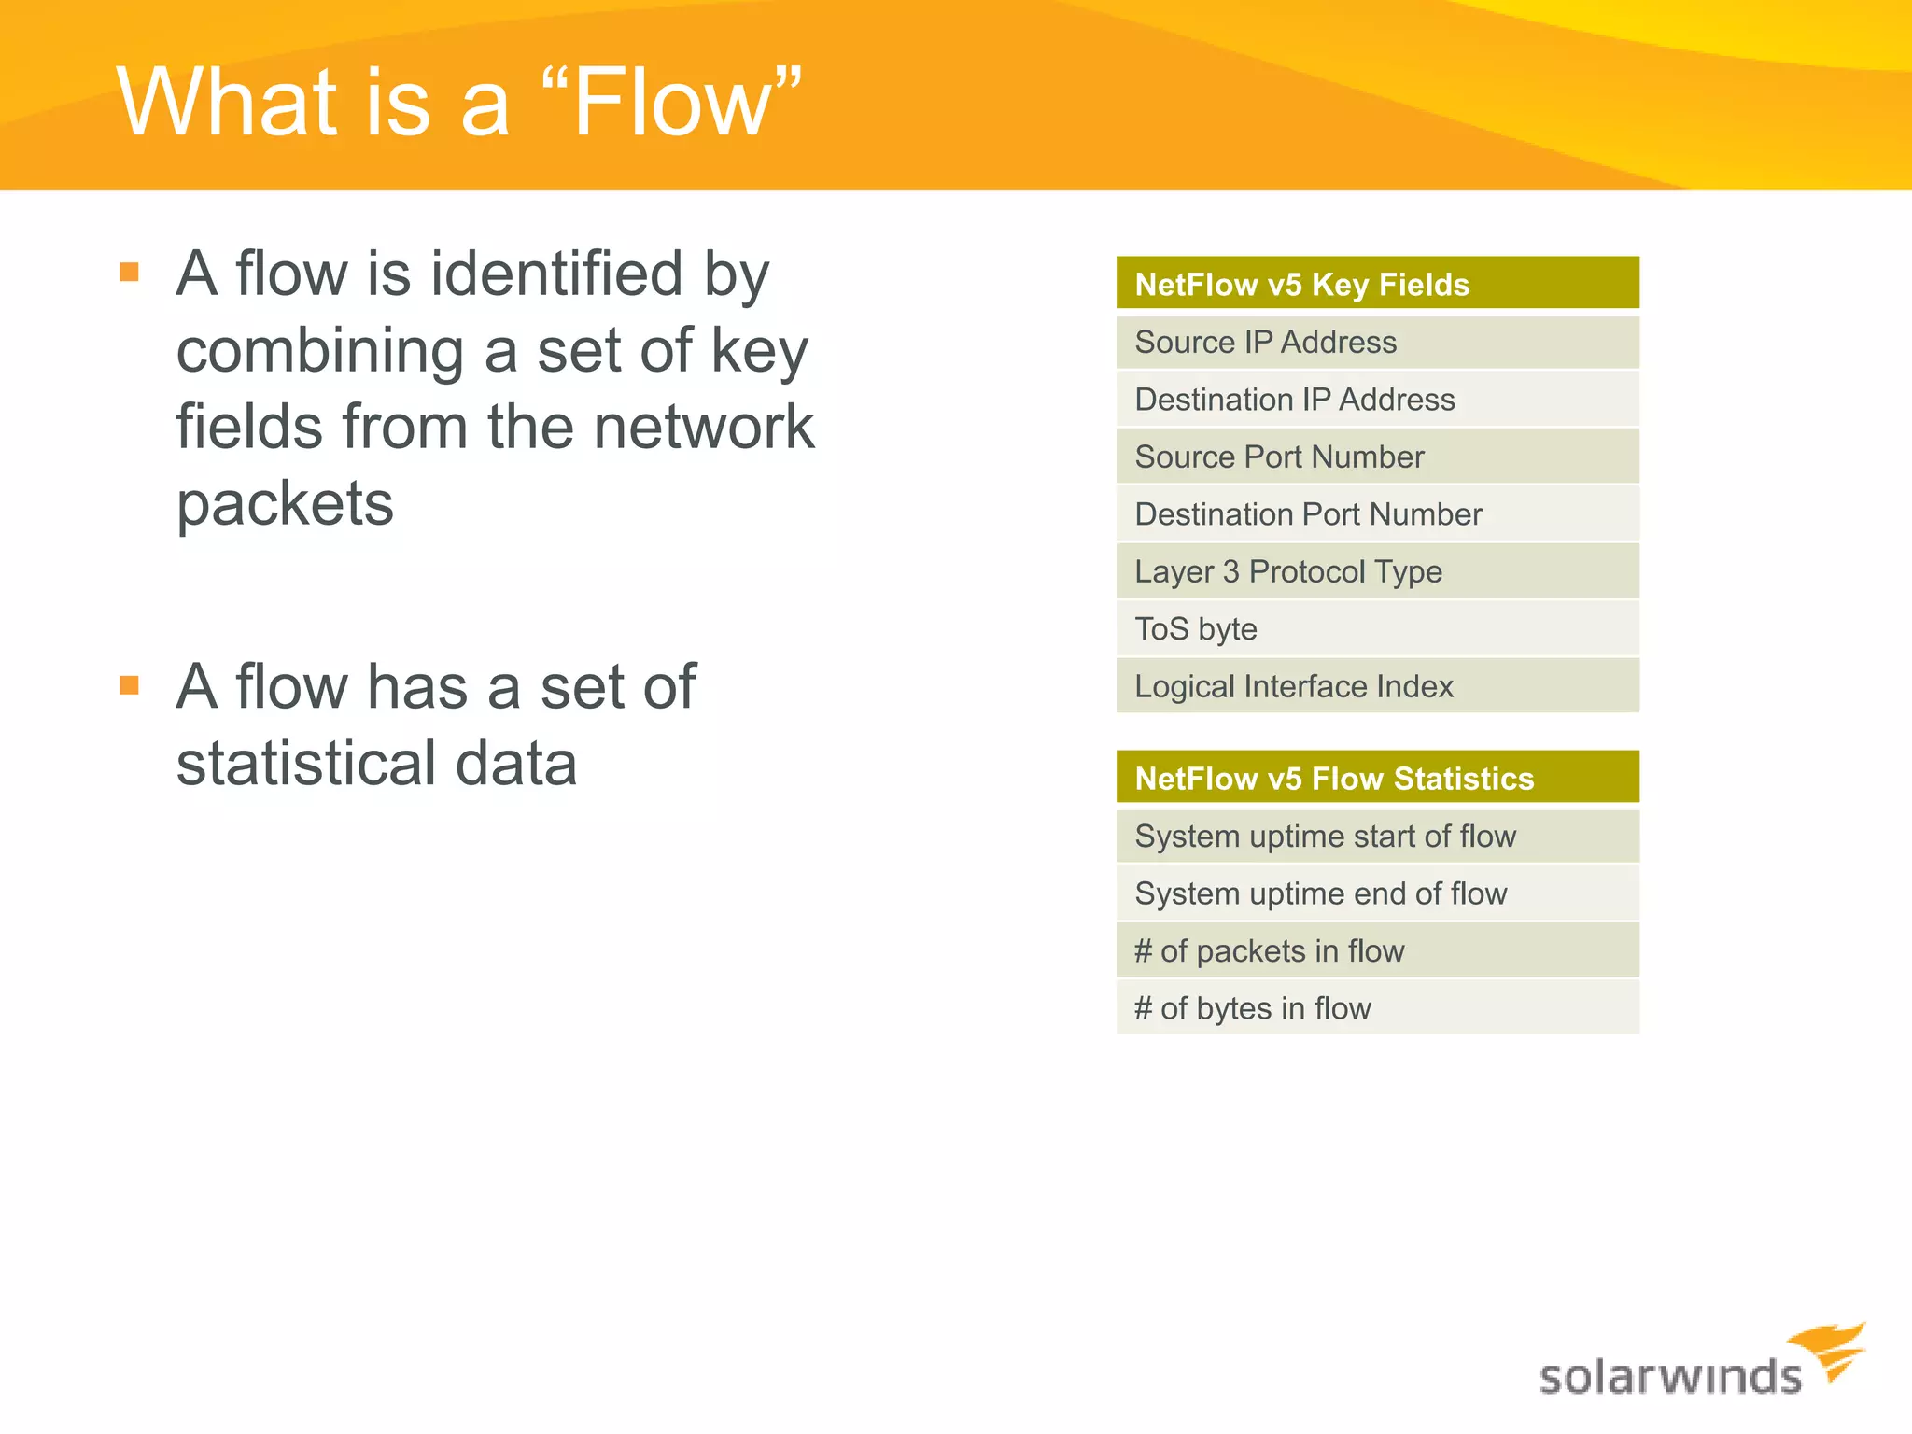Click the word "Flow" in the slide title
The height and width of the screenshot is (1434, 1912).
(x=672, y=103)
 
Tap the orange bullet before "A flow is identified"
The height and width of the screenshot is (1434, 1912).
(x=130, y=273)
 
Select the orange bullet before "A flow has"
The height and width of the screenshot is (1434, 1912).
(x=130, y=686)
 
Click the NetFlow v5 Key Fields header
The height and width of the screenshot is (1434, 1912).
(x=1377, y=284)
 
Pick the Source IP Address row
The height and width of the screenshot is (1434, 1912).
(x=1377, y=343)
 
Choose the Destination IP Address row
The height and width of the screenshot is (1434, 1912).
(x=1377, y=400)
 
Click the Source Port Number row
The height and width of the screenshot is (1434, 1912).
(x=1377, y=457)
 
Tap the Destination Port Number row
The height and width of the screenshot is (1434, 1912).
(x=1377, y=514)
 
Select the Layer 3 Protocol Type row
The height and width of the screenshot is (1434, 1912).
(x=1377, y=571)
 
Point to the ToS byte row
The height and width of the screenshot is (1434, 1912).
(x=1377, y=629)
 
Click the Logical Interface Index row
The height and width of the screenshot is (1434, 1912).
(x=1377, y=686)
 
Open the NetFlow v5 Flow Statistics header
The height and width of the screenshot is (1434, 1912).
(x=1377, y=778)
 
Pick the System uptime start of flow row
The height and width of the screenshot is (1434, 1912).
(x=1377, y=836)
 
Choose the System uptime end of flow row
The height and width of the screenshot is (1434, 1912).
(x=1377, y=893)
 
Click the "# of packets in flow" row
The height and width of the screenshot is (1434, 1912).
(x=1377, y=951)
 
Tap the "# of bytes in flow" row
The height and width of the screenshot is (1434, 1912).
(x=1377, y=1008)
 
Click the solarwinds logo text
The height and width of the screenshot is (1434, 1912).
(x=1669, y=1377)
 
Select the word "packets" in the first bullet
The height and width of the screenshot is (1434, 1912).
(x=285, y=504)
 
